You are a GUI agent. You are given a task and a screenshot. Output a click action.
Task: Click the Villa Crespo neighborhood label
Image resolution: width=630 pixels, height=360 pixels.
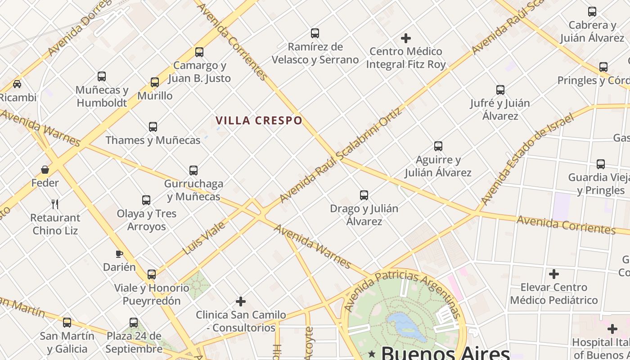point(259,121)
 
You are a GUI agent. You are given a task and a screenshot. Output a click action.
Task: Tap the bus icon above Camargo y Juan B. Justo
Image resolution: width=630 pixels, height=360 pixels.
point(199,52)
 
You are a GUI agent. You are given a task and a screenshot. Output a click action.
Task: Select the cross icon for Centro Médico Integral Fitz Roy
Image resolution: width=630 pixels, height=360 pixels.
point(406,38)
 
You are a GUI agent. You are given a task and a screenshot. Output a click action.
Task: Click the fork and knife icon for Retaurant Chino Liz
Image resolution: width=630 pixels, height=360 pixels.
point(55,204)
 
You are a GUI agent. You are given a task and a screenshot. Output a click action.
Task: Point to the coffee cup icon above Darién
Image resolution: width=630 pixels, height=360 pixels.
point(119,254)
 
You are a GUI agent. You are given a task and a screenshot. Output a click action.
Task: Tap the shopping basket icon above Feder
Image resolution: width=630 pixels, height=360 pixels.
point(45,170)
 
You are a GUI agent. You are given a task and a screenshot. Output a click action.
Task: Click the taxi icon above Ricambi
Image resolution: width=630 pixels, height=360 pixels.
point(17,84)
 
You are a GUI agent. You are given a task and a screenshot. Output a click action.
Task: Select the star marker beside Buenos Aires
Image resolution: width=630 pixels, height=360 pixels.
point(372,354)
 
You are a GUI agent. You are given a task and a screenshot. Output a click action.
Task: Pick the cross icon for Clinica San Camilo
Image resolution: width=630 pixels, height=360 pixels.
point(241,301)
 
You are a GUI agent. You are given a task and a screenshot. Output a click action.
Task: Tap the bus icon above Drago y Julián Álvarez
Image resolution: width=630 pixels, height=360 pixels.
point(364,195)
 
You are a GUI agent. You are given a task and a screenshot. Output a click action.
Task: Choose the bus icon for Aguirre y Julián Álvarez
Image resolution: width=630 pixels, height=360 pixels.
point(438,146)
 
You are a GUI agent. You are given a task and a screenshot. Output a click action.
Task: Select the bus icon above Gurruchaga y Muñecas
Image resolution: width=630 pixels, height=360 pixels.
point(193,171)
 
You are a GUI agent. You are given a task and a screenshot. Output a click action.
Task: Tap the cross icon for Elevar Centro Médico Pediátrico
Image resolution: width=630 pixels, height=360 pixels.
point(554,274)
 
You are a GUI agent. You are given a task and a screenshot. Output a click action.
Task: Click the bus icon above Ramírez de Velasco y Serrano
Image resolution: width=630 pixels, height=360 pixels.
point(315,33)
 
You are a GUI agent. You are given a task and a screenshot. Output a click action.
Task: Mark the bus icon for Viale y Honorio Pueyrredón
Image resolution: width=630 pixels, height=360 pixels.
point(152,274)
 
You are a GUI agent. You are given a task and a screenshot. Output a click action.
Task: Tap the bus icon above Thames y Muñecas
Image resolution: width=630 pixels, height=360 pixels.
point(153,127)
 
